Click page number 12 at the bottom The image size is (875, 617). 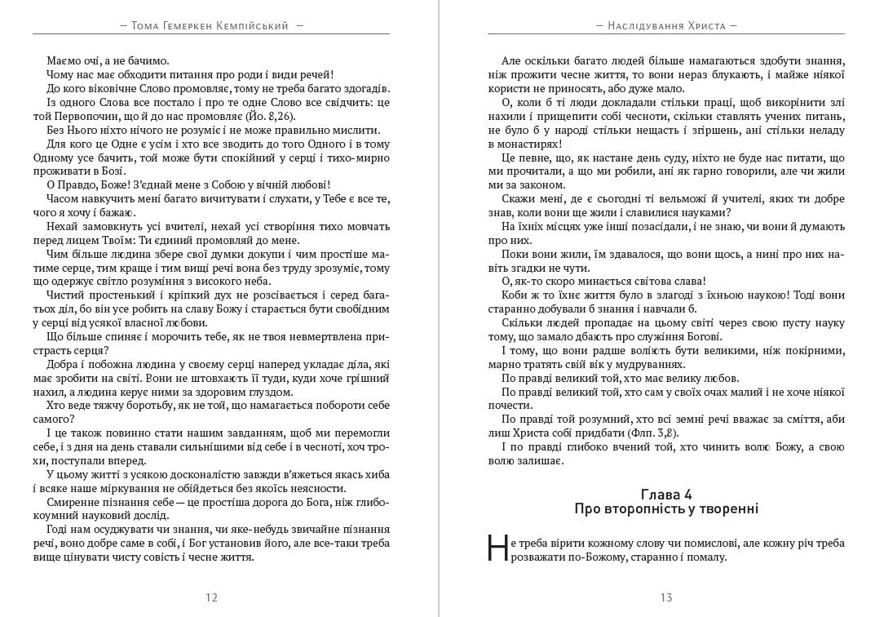[x=211, y=597]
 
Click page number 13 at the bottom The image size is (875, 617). [x=666, y=597]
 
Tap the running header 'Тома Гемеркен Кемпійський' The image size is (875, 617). [x=211, y=26]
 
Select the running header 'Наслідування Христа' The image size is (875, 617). [x=666, y=26]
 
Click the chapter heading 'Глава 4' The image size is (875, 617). [x=666, y=494]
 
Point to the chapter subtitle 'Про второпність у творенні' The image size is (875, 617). [x=666, y=508]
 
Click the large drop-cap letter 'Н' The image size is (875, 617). [x=497, y=548]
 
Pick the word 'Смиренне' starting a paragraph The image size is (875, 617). [x=72, y=501]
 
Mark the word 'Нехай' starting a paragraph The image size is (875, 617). [x=64, y=226]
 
